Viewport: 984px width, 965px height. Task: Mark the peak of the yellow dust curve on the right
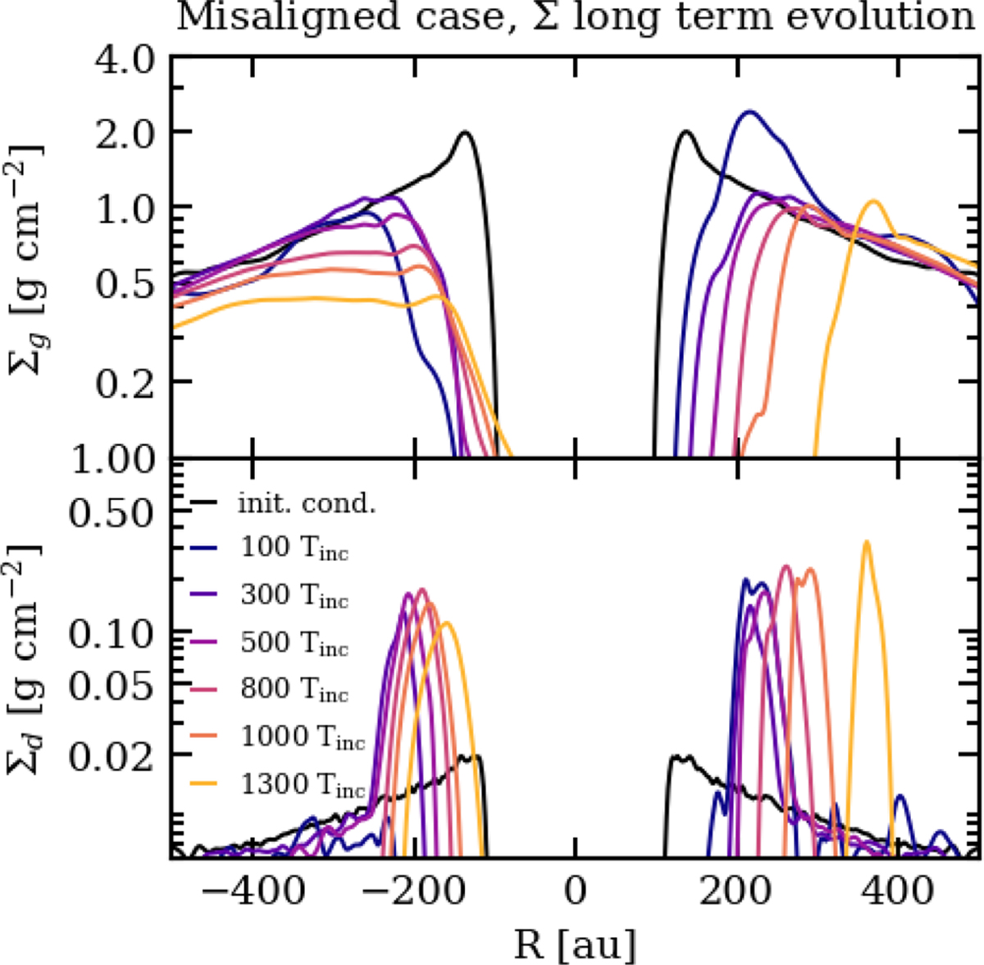click(865, 542)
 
